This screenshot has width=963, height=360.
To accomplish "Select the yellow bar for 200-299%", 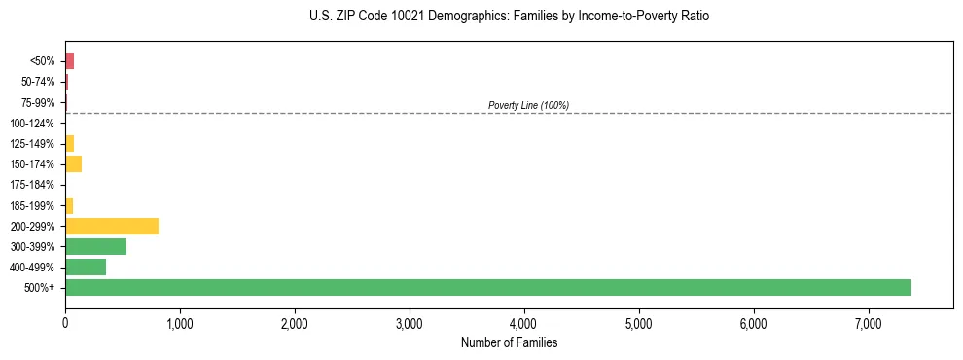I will point(112,226).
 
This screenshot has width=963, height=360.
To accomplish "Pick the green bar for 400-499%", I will point(86,267).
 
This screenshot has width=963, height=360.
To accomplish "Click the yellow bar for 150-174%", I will point(73,164).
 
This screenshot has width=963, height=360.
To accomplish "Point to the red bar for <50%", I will point(69,61).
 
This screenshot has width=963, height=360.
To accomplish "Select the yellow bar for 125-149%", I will point(69,144).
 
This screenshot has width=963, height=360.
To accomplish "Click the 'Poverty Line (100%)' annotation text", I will point(528,105).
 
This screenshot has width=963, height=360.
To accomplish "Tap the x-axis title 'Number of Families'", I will point(509,342).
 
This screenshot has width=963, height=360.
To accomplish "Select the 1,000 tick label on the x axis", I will point(180,323).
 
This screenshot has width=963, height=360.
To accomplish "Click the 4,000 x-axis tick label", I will point(524,323).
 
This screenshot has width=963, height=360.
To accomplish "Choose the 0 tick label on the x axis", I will point(65,323).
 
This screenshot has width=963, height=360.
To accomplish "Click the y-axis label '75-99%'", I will point(38,102).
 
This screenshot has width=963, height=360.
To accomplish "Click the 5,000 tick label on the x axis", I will point(639,323).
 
